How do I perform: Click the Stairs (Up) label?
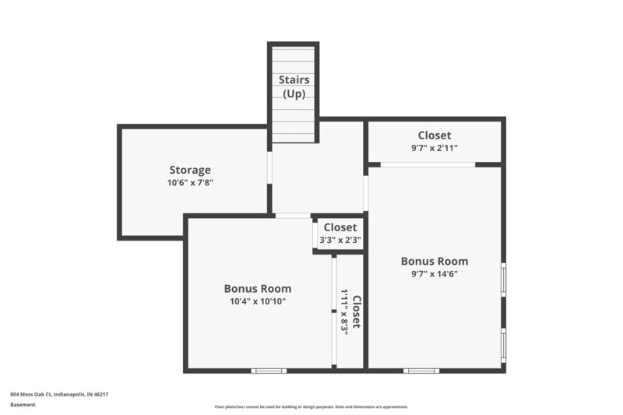click(x=294, y=86)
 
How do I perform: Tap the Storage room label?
click(x=190, y=170)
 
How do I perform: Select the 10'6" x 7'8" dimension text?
click(x=190, y=183)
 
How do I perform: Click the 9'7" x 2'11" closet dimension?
click(x=434, y=147)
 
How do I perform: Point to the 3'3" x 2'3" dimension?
click(x=340, y=240)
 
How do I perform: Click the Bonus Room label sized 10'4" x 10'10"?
click(x=257, y=288)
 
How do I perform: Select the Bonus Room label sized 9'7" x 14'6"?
click(x=434, y=261)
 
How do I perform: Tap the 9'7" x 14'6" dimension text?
click(x=434, y=274)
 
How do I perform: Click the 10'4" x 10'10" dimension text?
click(x=257, y=301)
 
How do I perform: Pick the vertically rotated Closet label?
click(x=357, y=311)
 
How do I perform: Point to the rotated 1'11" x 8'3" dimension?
click(x=344, y=311)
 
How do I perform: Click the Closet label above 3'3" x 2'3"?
click(x=340, y=227)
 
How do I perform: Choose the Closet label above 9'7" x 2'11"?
click(x=434, y=135)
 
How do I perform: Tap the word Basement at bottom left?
click(x=23, y=405)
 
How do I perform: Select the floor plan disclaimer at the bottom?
click(x=311, y=406)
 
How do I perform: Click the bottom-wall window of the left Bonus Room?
click(x=269, y=371)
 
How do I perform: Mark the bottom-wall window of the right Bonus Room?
click(x=421, y=371)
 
